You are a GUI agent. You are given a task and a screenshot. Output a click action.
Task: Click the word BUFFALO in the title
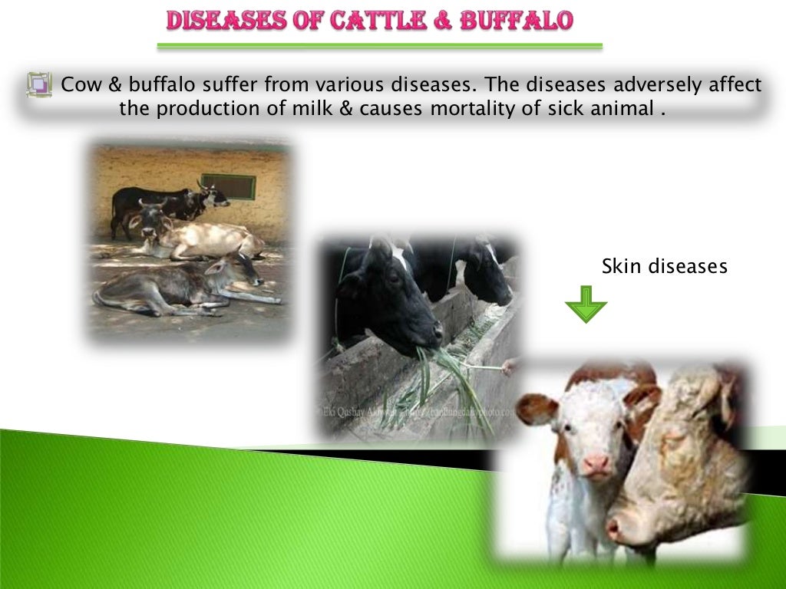coord(516,21)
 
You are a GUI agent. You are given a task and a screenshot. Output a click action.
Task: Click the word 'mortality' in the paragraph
coord(472,109)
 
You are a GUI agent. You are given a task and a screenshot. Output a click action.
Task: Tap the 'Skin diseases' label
coord(664,266)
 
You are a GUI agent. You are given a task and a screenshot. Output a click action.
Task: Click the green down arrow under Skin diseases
coord(586,304)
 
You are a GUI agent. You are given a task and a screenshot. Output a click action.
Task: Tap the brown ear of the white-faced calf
coord(535,409)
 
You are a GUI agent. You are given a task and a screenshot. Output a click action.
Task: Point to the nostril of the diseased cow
coord(614,528)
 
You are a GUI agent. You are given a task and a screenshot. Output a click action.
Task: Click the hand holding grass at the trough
coord(509,367)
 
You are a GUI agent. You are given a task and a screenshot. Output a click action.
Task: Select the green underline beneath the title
coord(379,47)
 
